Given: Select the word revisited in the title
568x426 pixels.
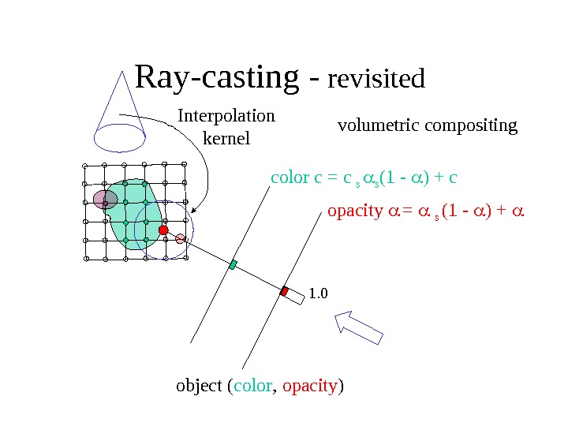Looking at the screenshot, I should pos(376,80).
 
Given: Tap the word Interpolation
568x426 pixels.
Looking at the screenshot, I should pos(226,116).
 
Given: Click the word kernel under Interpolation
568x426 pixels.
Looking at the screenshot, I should pos(226,139).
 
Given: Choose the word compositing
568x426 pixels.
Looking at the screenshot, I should pos(472,125).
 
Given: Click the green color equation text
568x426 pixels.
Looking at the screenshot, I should pos(364,177).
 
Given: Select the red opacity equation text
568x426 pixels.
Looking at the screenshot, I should pos(426,211).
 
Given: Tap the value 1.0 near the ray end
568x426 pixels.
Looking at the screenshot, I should pos(317,294).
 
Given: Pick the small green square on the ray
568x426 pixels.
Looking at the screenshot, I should pos(233,265).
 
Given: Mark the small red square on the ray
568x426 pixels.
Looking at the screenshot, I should pos(284,291).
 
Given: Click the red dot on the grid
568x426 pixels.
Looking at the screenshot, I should pos(164,230).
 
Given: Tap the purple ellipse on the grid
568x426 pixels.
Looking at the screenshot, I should pos(105,200).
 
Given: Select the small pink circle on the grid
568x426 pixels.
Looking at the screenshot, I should pos(181,238).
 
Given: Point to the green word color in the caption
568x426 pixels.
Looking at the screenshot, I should pos(253,387).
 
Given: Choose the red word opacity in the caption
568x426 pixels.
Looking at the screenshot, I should pos(310,387).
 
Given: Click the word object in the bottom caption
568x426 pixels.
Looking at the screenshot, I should pos(199,387).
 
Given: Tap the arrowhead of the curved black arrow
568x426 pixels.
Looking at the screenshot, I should pos(193,210).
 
